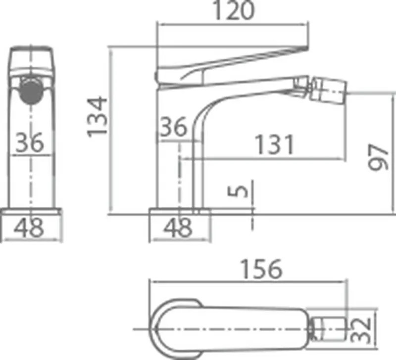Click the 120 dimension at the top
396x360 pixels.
click(x=234, y=10)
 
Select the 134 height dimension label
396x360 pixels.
click(x=97, y=117)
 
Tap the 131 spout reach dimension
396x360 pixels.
click(x=275, y=144)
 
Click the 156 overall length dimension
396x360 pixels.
click(x=261, y=269)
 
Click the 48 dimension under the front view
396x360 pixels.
click(x=29, y=228)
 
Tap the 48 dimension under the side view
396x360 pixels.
click(x=178, y=228)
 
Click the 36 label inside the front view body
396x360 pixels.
click(x=30, y=142)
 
